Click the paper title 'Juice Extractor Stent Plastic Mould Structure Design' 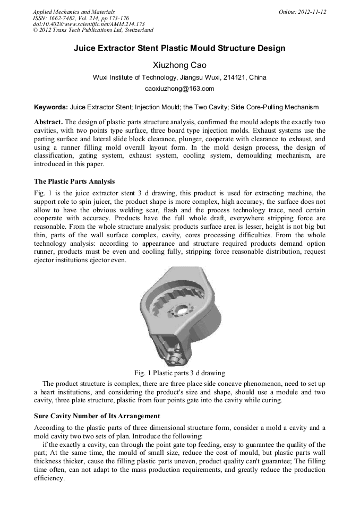coord(179,48)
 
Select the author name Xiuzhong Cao coord(179,65)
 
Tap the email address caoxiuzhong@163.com coord(179,89)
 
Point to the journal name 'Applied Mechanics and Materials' coord(73,12)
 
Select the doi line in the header coord(89,24)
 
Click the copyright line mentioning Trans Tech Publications coord(93,30)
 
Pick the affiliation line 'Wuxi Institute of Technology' coord(179,77)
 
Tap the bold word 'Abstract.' coord(48,122)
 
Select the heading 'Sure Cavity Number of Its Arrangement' coord(97,416)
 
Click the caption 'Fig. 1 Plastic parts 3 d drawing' coord(179,373)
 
